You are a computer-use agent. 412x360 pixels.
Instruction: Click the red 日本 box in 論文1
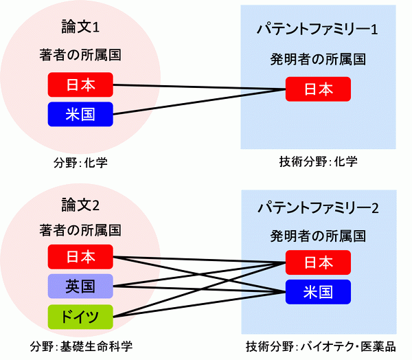pos(80,85)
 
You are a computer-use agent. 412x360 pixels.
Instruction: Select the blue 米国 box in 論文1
pos(80,114)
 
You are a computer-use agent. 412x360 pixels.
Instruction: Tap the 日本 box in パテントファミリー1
pos(318,89)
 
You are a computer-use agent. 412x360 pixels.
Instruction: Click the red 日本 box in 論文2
pos(80,257)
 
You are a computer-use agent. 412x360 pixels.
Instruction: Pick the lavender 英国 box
pos(80,286)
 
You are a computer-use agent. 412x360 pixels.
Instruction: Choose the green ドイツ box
pos(80,317)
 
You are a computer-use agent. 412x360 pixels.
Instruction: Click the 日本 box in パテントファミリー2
pos(318,262)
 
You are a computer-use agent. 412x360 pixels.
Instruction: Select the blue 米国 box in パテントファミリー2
pos(318,292)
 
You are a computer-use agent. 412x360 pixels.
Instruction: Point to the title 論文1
pos(80,27)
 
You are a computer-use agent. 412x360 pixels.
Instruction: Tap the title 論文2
pos(80,205)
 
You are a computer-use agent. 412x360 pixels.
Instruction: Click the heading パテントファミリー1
pos(317,29)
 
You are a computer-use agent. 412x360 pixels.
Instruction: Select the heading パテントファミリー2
pos(318,207)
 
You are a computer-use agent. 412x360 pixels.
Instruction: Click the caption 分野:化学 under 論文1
pos(80,163)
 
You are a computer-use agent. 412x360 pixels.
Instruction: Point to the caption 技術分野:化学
pos(318,161)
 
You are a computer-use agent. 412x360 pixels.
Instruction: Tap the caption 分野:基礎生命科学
pos(81,346)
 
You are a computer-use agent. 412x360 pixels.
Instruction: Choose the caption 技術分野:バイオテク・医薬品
pos(321,346)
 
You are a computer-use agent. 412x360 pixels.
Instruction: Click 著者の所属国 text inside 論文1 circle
pos(80,55)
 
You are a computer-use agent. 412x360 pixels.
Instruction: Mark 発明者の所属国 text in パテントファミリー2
pos(318,236)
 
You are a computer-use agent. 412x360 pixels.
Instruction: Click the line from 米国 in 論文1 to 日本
pos(199,102)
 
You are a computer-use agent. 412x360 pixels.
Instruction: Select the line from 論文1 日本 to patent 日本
pos(199,87)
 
